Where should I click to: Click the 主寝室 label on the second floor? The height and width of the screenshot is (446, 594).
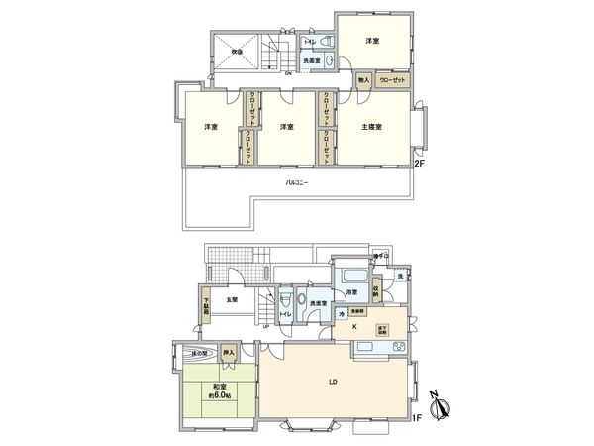pyautogui.click(x=371, y=127)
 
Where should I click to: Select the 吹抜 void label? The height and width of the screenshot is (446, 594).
pyautogui.click(x=238, y=52)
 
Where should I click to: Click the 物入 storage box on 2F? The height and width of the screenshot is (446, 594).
pyautogui.click(x=363, y=79)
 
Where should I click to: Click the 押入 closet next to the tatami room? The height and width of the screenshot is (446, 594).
pyautogui.click(x=228, y=353)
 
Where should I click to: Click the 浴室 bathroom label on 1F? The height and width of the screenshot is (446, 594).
pyautogui.click(x=352, y=293)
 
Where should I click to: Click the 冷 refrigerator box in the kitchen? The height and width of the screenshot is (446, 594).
pyautogui.click(x=343, y=314)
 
